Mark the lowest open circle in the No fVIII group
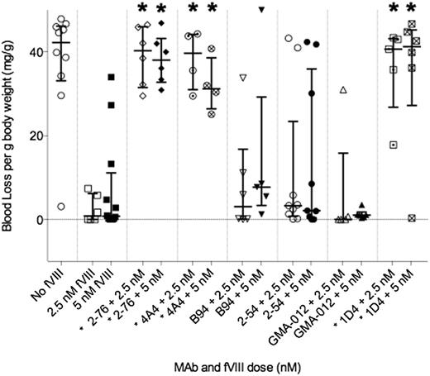click(62, 207)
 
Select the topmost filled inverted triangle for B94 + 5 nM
click(261, 9)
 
